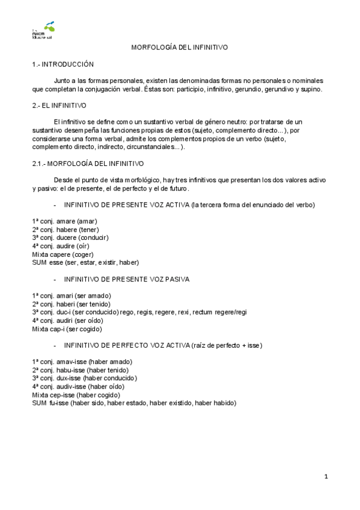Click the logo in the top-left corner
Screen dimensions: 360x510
click(x=46, y=31)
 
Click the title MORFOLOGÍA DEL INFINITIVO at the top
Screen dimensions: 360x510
click(x=180, y=47)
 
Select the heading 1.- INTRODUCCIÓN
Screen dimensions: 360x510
click(x=63, y=64)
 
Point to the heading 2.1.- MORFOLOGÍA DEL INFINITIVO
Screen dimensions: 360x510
click(x=88, y=163)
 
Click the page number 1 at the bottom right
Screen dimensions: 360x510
click(x=326, y=477)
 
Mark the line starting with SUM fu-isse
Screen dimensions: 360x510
click(x=134, y=403)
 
